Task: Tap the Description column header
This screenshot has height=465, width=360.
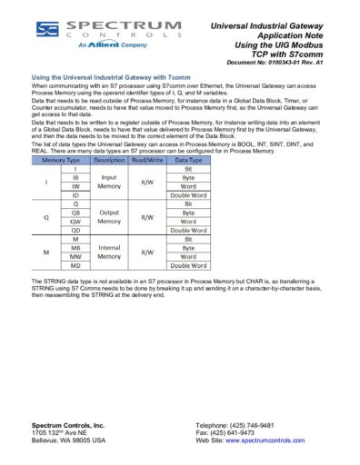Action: tap(108, 160)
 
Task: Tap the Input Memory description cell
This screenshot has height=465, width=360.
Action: tap(108, 182)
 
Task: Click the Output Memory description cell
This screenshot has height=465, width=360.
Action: tap(108, 216)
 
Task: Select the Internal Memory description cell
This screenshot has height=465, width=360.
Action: tap(108, 252)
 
